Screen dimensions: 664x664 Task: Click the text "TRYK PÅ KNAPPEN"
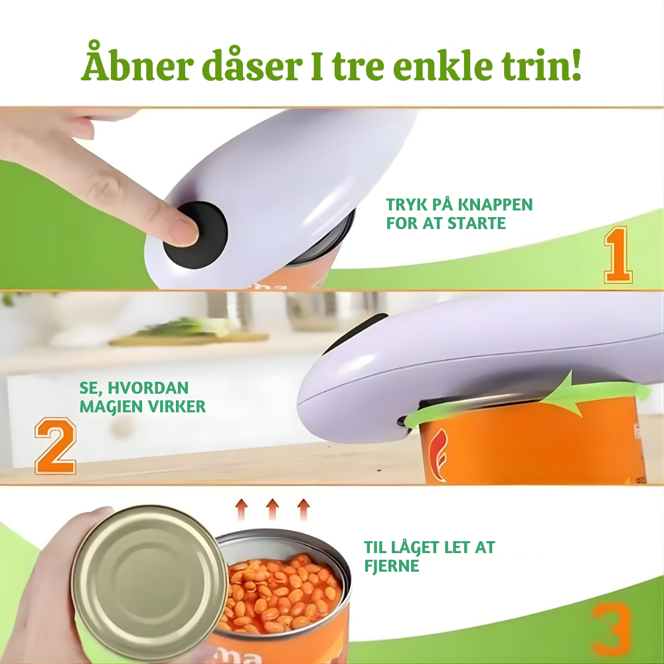point(459,205)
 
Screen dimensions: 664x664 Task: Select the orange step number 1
point(618,254)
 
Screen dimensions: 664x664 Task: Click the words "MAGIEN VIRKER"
point(143,406)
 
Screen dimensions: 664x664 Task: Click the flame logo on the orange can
point(438,455)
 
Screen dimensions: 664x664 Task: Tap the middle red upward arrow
point(272,509)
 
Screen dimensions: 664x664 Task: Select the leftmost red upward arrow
point(242,509)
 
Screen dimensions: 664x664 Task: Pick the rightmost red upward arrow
point(303,509)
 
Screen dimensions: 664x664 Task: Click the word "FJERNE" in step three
point(392,566)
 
